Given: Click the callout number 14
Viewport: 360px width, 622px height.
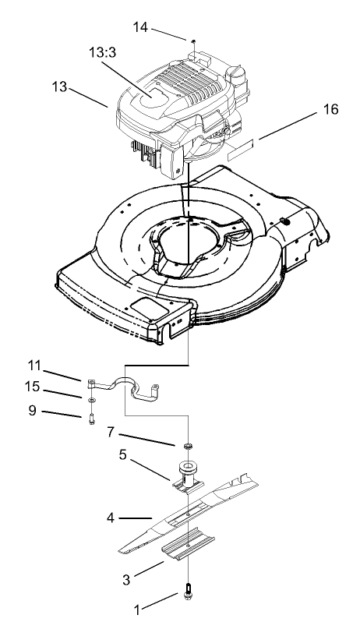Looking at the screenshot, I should tap(141, 27).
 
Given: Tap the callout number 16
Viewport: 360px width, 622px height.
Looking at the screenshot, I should tap(330, 110).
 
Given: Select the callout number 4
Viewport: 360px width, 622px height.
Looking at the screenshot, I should tap(111, 517).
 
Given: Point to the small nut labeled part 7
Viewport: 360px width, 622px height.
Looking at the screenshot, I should tap(187, 446).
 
